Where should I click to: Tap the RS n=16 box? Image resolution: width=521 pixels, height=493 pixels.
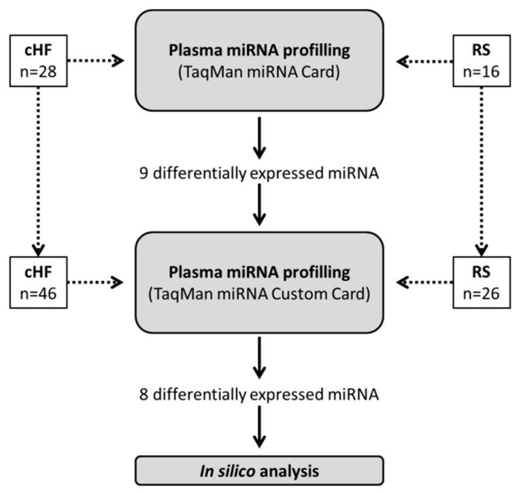point(482,61)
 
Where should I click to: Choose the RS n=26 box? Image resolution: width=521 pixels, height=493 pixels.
point(482,281)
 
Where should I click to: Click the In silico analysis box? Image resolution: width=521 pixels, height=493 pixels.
point(259,470)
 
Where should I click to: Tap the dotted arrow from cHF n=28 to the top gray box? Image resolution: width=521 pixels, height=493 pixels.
point(95,61)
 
